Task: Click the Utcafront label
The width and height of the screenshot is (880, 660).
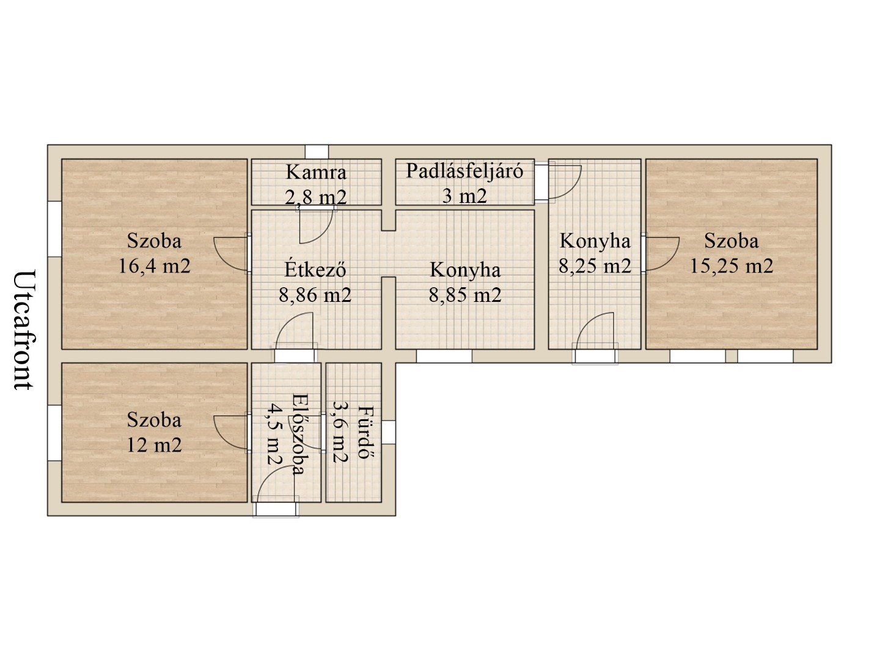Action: click(23, 329)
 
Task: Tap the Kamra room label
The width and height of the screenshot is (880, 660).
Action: click(316, 172)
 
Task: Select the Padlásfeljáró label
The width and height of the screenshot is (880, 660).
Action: click(464, 170)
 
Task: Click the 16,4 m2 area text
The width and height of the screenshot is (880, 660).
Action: click(154, 266)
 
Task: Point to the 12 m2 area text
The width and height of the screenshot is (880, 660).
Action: click(154, 445)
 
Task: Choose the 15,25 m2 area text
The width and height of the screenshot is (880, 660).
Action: click(732, 266)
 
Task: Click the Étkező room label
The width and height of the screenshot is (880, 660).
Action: click(316, 269)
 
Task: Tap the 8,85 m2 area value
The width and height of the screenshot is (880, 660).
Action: click(465, 295)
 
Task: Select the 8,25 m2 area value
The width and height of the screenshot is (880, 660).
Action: click(595, 266)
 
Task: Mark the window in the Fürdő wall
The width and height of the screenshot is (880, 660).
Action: click(389, 432)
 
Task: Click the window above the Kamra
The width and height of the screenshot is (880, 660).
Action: click(317, 152)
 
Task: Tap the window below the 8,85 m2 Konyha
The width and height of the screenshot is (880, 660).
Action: click(444, 356)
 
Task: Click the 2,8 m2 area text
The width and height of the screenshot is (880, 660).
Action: click(316, 197)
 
